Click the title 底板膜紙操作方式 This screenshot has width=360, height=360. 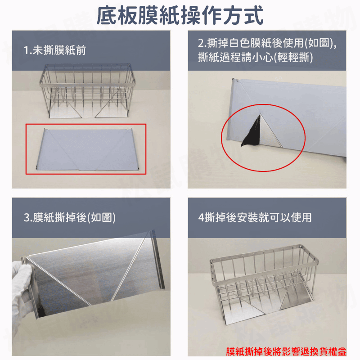coord(180,15)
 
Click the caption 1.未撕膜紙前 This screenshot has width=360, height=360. coord(55,50)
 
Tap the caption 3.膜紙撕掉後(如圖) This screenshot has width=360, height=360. coord(70,218)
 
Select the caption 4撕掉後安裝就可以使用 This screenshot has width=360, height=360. coord(255,218)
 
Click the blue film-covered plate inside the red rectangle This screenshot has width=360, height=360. coord(85,148)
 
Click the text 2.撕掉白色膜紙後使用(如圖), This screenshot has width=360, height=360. coord(267,44)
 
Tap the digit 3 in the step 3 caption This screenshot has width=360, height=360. coord(27,218)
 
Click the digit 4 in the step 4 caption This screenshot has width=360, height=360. coord(201,218)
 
